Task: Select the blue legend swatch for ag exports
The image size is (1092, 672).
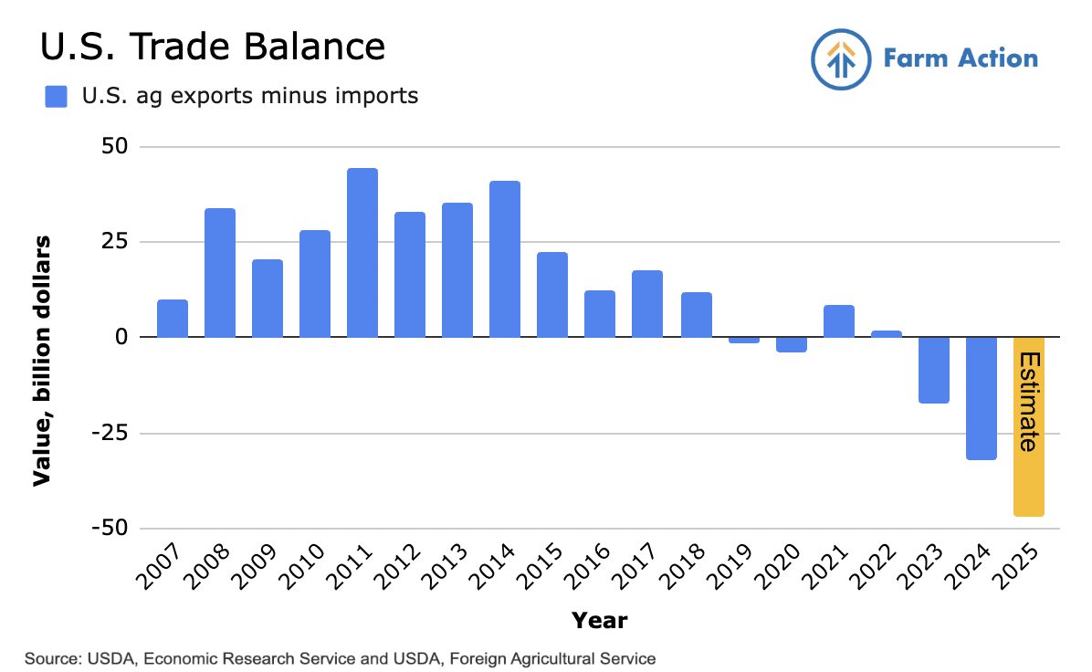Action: point(57,96)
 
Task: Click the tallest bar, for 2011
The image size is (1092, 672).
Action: point(362,253)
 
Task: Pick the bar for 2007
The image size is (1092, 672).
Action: point(173,319)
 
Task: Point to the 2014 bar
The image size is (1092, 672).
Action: point(505,259)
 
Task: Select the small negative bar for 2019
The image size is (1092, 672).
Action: point(744,340)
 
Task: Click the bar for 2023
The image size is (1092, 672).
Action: point(934,370)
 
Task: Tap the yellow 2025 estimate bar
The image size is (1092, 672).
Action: point(1029,426)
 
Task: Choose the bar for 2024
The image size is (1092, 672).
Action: point(982,398)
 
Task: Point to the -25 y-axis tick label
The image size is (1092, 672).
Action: point(115,434)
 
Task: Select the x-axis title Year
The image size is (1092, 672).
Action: point(600,622)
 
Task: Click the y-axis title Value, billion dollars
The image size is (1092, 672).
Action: point(42,361)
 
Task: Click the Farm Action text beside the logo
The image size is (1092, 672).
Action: point(961,59)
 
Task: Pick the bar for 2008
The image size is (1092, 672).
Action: point(220,273)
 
